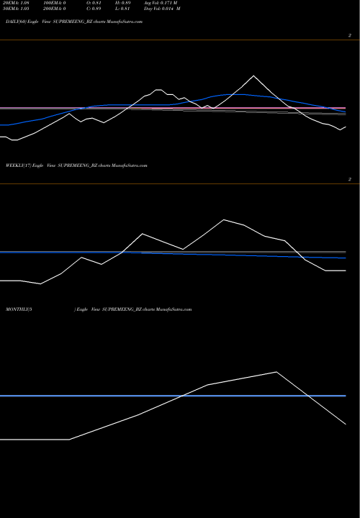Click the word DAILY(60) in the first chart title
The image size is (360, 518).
pyautogui.click(x=15, y=22)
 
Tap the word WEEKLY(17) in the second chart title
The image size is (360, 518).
pyautogui.click(x=18, y=165)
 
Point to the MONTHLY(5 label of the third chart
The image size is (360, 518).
pyautogui.click(x=19, y=309)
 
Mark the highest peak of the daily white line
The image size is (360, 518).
pyautogui.click(x=253, y=76)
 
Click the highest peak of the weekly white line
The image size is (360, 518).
pyautogui.click(x=225, y=219)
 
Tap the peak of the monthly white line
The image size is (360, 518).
pyautogui.click(x=276, y=372)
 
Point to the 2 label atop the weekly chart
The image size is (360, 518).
pyautogui.click(x=349, y=179)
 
